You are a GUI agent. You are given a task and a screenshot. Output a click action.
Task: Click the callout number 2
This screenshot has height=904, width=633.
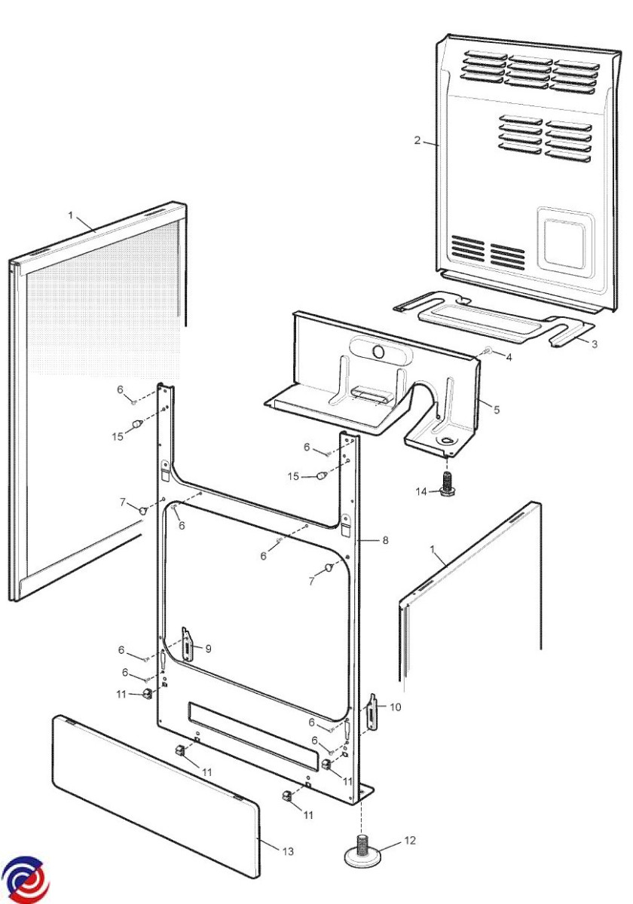[x=417, y=140]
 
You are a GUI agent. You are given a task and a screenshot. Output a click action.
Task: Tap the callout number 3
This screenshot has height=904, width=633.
[x=595, y=344]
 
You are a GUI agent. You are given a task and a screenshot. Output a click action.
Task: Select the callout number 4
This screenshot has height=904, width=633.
[x=509, y=357]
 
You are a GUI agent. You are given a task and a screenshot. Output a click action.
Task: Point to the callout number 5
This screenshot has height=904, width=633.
[x=496, y=409]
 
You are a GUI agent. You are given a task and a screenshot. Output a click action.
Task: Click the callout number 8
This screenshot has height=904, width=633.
[x=385, y=540]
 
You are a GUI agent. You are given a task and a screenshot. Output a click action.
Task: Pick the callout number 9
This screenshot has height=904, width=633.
[x=208, y=648]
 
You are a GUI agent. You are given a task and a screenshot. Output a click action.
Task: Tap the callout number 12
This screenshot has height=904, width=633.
[x=410, y=840]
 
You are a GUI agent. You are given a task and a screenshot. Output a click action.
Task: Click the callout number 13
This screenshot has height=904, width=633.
[x=288, y=851]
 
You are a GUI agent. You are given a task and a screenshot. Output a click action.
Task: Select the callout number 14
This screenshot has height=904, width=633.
[x=421, y=492]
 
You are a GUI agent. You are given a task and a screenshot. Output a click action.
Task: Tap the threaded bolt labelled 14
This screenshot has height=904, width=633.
[x=447, y=482]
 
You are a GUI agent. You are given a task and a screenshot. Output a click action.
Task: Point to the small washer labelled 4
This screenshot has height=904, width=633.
[x=488, y=351]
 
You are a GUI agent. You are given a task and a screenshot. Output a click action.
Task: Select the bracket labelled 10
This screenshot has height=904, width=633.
[x=372, y=712]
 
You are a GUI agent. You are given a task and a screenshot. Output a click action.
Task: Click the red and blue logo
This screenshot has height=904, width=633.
[x=24, y=880]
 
